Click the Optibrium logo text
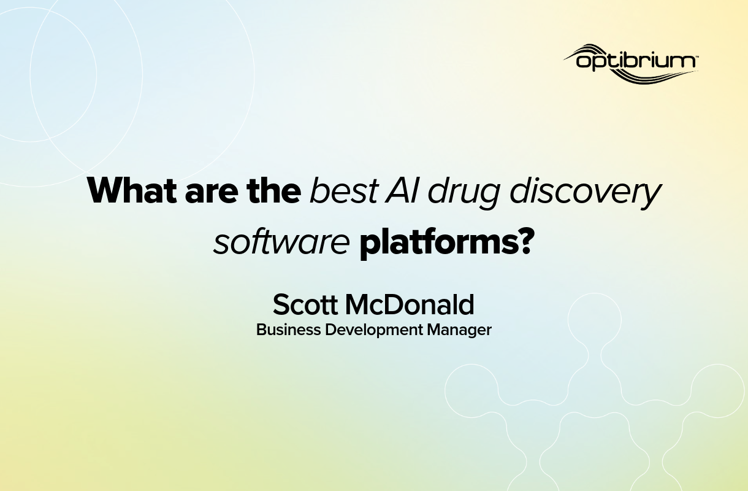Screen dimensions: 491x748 635,61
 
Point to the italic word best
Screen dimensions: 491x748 343,191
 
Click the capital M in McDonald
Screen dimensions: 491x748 359,304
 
